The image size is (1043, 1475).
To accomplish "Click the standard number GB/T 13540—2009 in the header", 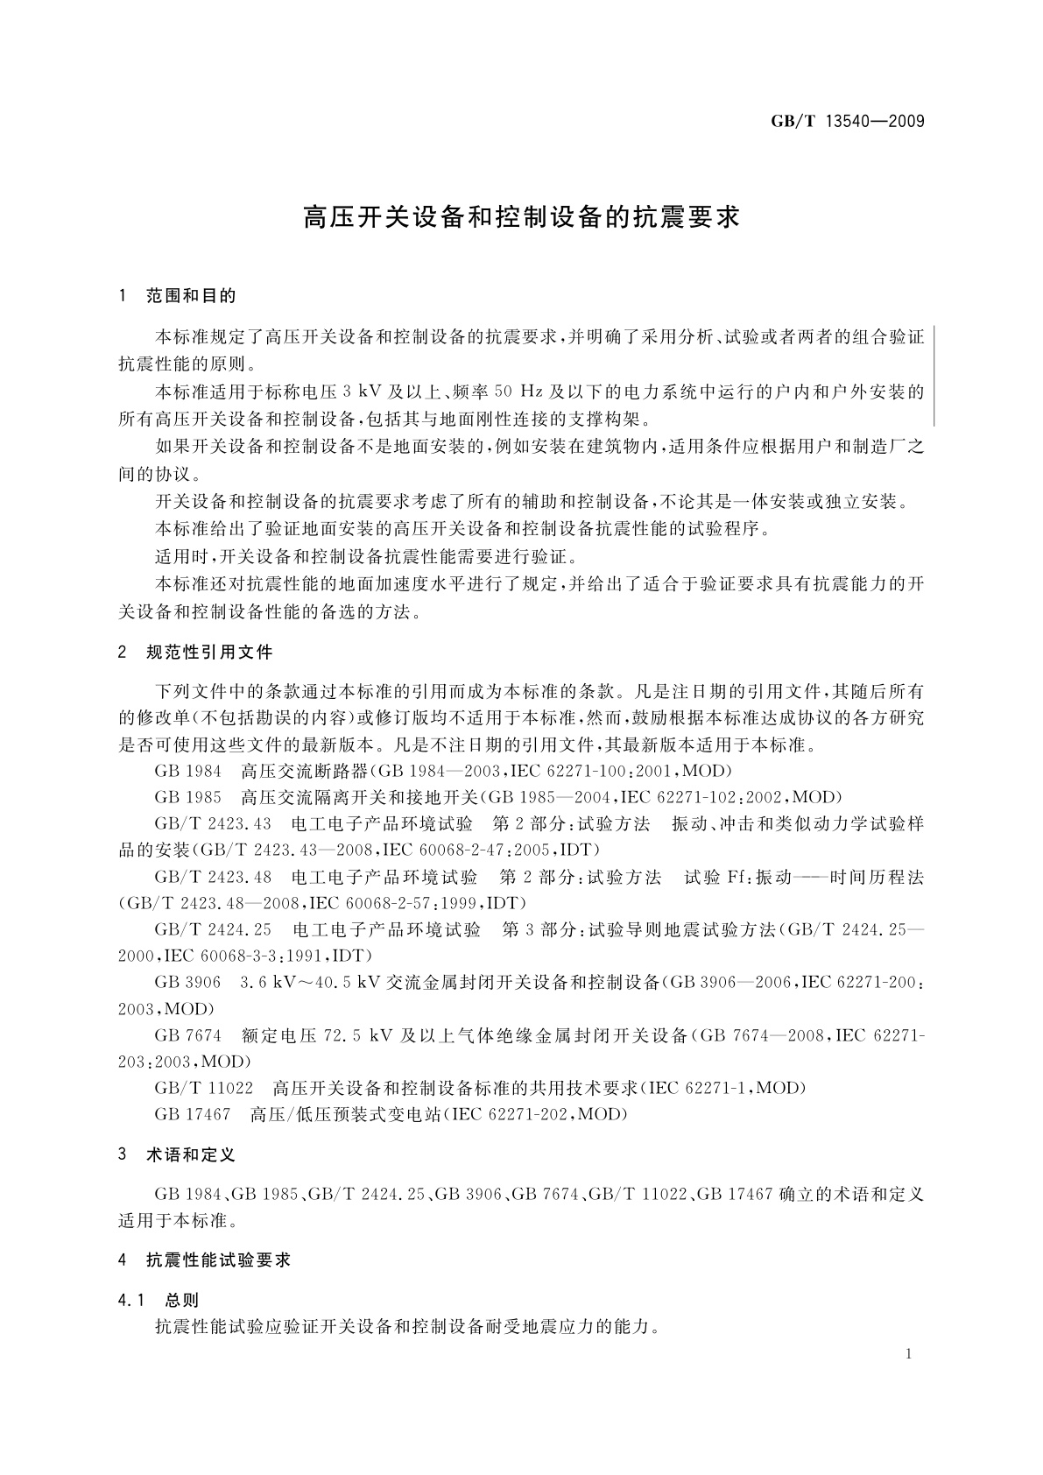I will coord(847,122).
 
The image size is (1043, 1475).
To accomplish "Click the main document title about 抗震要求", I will coord(521,217).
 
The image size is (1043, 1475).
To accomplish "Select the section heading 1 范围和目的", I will coord(178,297).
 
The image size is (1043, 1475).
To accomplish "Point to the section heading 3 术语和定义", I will coord(178,1155).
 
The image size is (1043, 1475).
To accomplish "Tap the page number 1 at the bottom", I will coord(909,1354).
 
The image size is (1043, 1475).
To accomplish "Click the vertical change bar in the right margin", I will coord(935,375).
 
